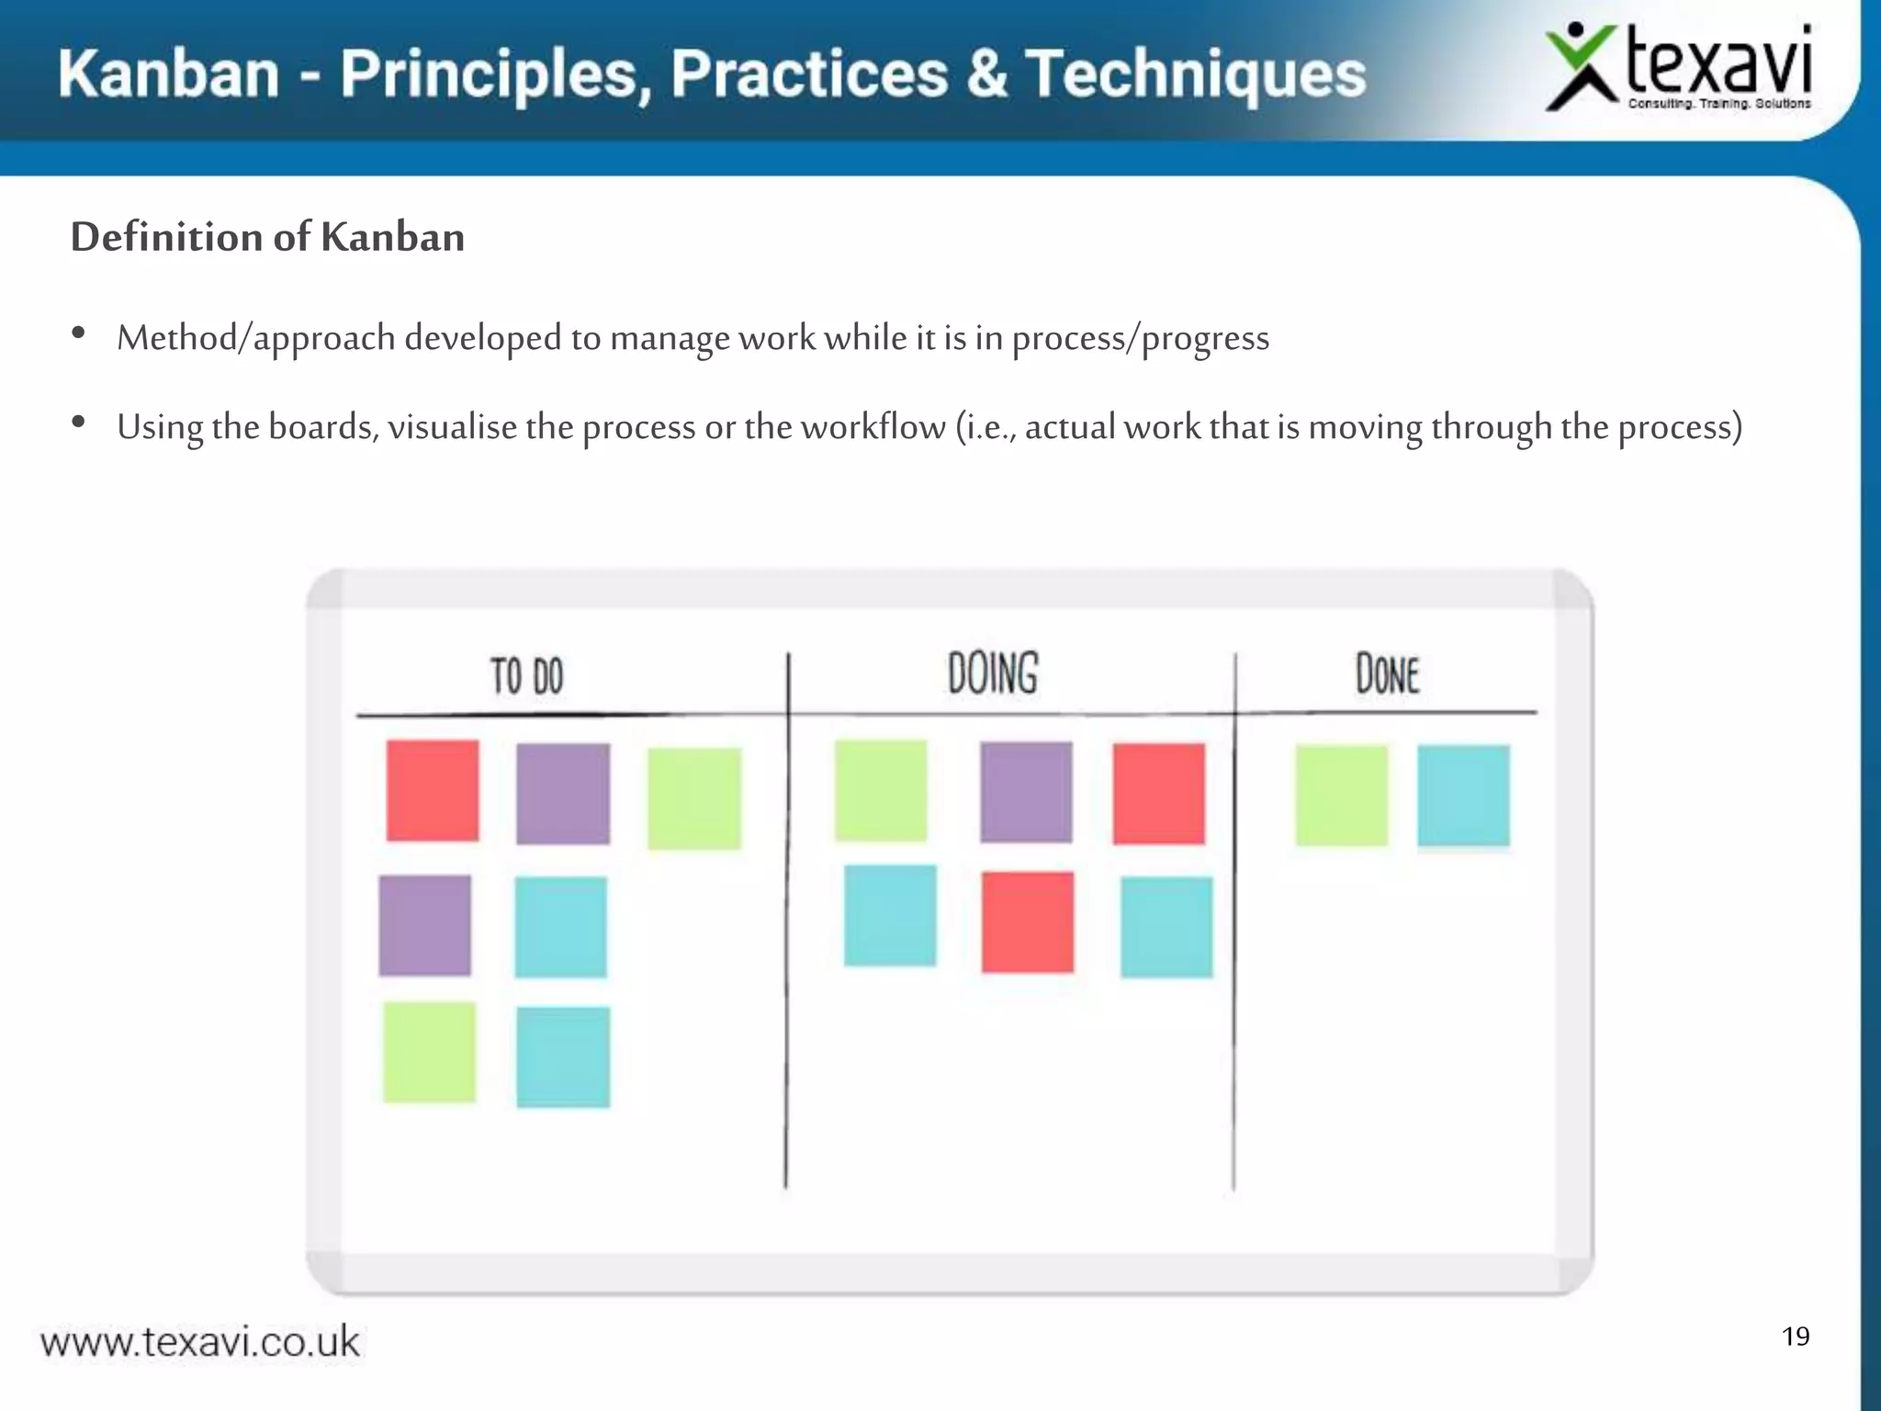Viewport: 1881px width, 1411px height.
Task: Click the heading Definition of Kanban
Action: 267,237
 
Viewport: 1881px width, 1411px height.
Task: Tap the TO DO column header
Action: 525,676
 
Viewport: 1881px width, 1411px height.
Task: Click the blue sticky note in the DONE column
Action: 1463,796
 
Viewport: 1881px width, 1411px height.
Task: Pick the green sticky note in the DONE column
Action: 1341,796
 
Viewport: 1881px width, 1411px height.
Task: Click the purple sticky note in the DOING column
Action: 1026,792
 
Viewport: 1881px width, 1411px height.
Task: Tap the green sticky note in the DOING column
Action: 881,790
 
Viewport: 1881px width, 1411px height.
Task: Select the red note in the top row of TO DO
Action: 433,790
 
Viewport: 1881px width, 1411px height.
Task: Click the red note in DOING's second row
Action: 1027,921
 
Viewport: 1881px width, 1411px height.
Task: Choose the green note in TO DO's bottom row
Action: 429,1052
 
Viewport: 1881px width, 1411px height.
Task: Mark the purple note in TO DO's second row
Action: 424,925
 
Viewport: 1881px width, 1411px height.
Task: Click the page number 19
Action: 1795,1336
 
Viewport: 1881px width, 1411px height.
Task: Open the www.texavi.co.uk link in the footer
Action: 200,1342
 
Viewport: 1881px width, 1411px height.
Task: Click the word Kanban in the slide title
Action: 169,73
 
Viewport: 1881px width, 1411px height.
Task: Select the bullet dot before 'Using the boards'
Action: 79,423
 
